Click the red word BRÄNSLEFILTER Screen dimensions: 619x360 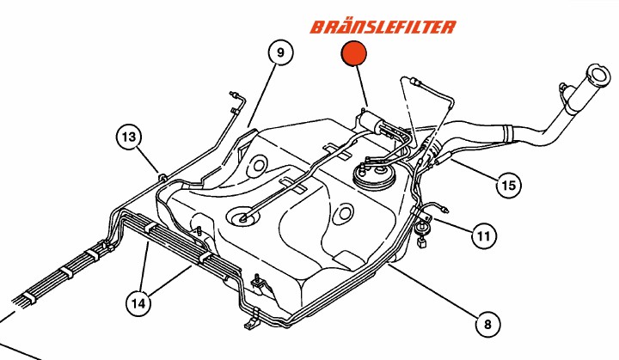pyautogui.click(x=383, y=27)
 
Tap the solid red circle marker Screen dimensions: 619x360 pyautogui.click(x=353, y=53)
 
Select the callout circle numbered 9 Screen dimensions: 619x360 pyautogui.click(x=280, y=52)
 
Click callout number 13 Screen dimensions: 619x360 pyautogui.click(x=129, y=137)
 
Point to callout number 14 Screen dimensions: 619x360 pyautogui.click(x=138, y=303)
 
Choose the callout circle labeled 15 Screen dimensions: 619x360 pyautogui.click(x=508, y=185)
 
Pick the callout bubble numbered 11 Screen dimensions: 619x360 pyautogui.click(x=484, y=236)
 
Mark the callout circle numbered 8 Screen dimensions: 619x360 pyautogui.click(x=487, y=324)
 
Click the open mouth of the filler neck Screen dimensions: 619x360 pyautogui.click(x=598, y=74)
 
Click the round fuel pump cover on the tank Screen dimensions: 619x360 pyautogui.click(x=373, y=175)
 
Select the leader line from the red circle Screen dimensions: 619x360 pyautogui.click(x=363, y=86)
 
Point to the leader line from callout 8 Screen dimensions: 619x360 pyautogui.click(x=433, y=290)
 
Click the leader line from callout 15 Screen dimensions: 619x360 pyautogui.click(x=474, y=169)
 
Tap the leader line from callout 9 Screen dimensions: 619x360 pyautogui.click(x=261, y=95)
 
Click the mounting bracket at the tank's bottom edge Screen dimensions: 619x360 pyautogui.click(x=252, y=320)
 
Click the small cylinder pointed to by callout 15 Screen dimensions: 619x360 pyautogui.click(x=443, y=158)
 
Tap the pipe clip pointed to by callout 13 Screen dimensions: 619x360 pyautogui.click(x=162, y=176)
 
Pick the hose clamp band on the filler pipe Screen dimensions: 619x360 pyautogui.click(x=507, y=133)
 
